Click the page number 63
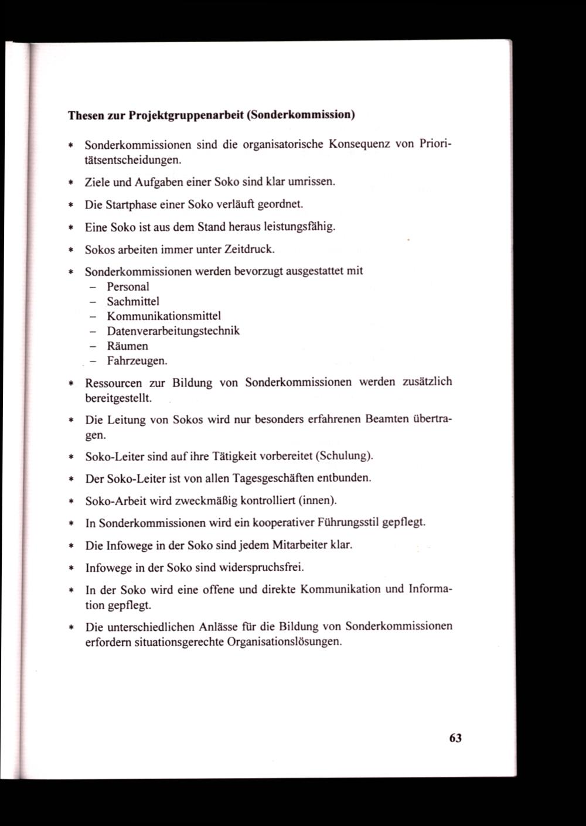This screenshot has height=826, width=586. tap(455, 738)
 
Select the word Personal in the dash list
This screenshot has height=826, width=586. tap(128, 286)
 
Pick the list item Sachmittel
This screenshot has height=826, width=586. tap(133, 301)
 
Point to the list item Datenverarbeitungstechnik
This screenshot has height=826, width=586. tap(173, 331)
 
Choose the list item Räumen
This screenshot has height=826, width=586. tap(127, 346)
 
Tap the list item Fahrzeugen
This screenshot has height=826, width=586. tap(137, 361)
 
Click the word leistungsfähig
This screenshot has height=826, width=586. tap(300, 227)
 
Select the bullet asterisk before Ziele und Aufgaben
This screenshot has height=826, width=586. tap(70, 182)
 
